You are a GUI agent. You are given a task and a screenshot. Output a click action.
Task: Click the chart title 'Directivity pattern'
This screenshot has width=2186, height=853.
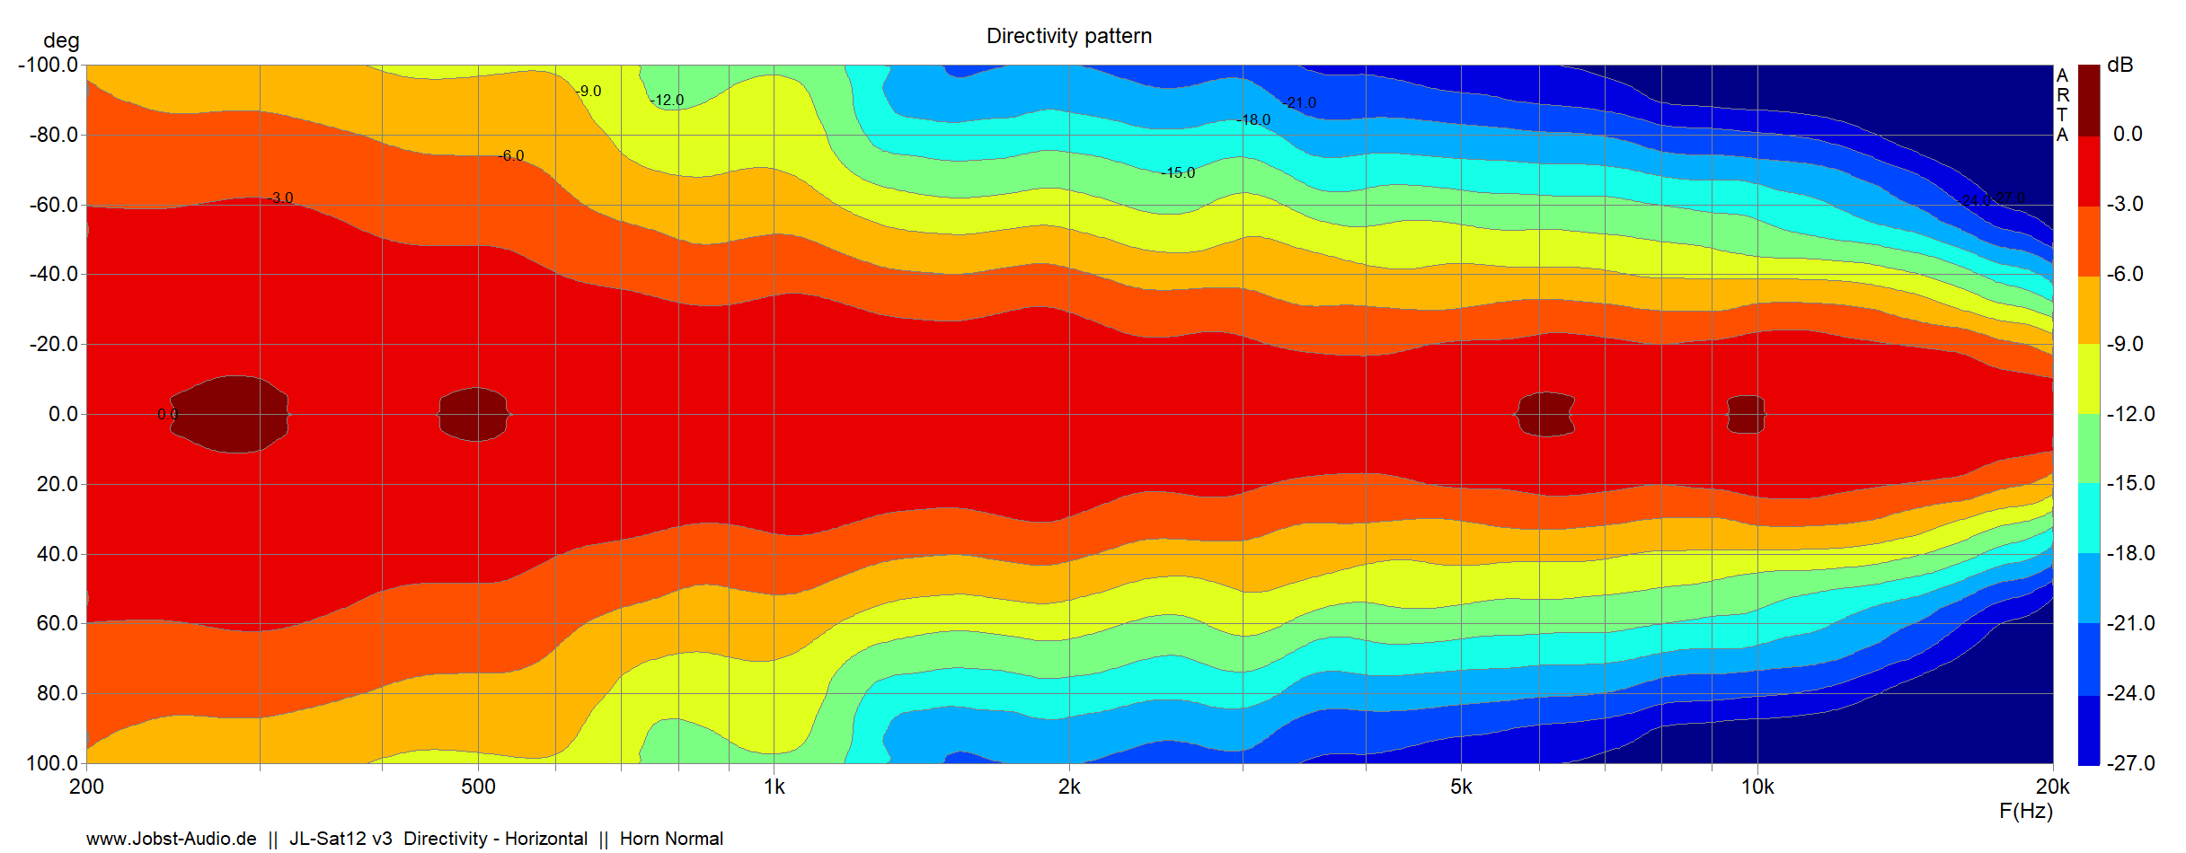[1068, 36]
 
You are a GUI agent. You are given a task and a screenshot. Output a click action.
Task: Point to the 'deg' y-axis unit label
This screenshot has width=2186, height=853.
[61, 40]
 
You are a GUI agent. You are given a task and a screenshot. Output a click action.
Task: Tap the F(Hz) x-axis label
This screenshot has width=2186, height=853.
[2025, 811]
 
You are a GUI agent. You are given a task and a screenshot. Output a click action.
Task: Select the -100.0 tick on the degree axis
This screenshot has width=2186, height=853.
[48, 65]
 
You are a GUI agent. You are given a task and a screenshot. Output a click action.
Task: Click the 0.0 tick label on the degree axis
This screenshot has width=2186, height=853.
[63, 414]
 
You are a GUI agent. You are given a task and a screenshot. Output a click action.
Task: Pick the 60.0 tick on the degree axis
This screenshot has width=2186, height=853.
[58, 623]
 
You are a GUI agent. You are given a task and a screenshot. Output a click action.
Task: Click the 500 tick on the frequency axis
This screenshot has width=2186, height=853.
[478, 787]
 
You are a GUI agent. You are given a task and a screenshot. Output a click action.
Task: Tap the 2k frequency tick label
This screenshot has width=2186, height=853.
[1069, 787]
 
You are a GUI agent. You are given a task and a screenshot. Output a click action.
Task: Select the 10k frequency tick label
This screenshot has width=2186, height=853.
[1757, 787]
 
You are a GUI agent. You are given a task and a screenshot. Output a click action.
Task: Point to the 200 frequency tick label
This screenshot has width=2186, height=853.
[86, 787]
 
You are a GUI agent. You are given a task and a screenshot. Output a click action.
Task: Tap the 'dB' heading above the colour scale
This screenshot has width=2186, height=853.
[2120, 65]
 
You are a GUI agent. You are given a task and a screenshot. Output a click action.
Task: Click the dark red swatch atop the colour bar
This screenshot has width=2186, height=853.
[2089, 99]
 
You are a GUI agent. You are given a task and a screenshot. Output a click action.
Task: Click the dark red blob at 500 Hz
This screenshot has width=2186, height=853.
[475, 414]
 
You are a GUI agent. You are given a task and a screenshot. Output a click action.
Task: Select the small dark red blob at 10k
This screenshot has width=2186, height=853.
[1747, 414]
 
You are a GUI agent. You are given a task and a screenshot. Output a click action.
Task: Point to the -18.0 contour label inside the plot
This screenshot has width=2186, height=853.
[1253, 120]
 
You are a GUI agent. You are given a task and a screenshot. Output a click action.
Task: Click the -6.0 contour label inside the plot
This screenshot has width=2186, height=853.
[511, 156]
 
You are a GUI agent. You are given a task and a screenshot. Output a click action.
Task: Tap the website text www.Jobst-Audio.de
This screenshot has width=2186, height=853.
[172, 839]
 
